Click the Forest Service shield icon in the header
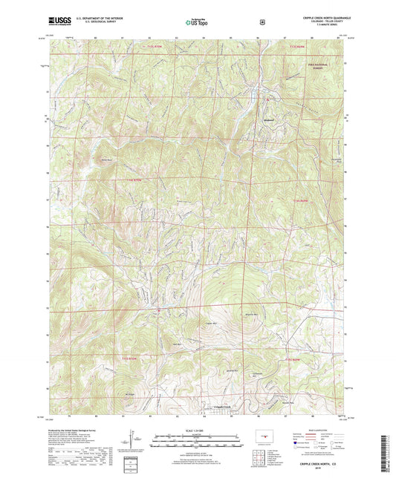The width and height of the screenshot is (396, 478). (x=262, y=22)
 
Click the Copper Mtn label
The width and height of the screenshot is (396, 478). (x=210, y=323)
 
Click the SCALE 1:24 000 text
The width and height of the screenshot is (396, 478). (x=197, y=429)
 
